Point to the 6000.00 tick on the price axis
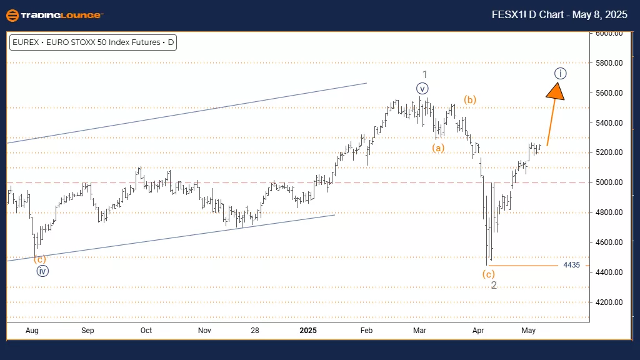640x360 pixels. coord(609,33)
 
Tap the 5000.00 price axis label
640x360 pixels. coord(609,182)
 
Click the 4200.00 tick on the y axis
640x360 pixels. coord(609,302)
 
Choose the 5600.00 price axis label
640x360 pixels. coord(609,93)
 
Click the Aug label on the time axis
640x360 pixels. coord(33,331)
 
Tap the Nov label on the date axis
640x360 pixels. coord(204,331)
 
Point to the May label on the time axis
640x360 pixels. coord(529,331)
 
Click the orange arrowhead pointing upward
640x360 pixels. coord(556,91)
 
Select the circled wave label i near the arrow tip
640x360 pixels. coord(561,74)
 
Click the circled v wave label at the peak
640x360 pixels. coord(423,88)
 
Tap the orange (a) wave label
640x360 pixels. coord(438,148)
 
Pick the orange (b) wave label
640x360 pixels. coord(470,99)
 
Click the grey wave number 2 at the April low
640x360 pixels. coord(493,286)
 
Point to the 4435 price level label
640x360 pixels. coord(571,265)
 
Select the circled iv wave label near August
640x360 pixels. coord(42,271)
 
